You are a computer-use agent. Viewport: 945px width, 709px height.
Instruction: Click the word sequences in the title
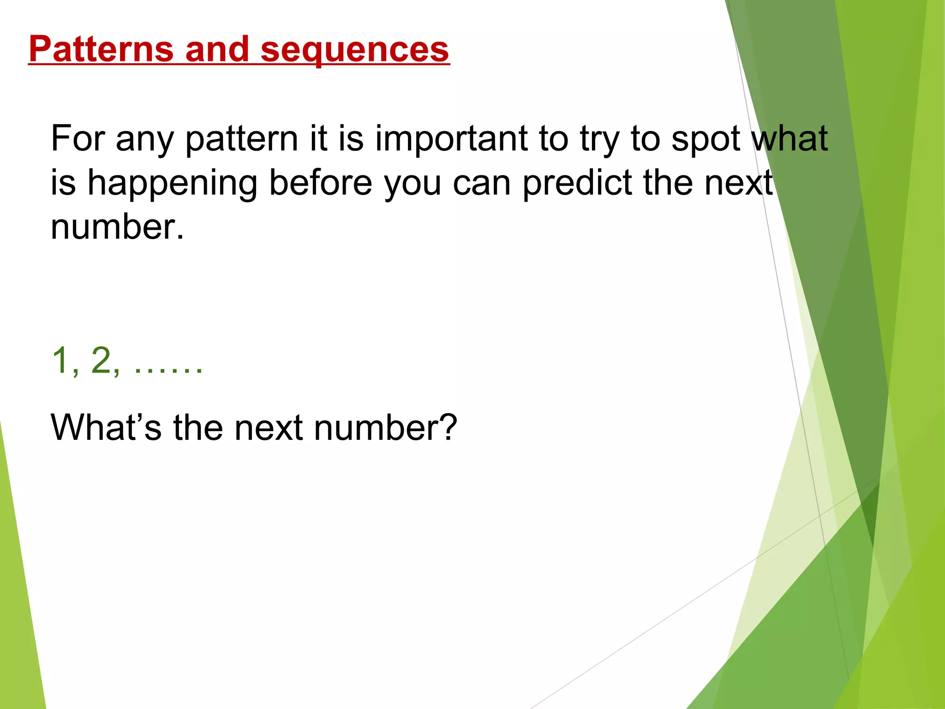pos(354,50)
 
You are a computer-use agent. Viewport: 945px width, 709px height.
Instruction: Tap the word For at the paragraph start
pos(78,138)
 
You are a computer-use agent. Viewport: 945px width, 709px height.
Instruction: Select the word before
pos(320,182)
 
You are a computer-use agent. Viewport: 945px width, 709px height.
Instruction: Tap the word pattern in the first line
pos(241,139)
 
